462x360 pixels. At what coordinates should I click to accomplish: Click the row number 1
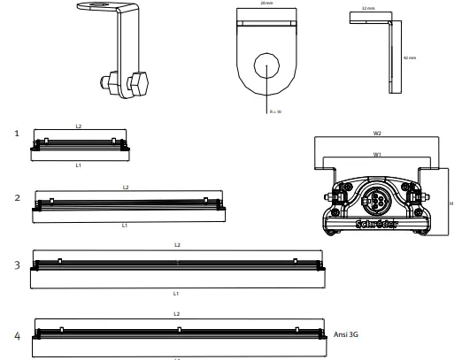[17, 134]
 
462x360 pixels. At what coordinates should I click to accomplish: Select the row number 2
[17, 198]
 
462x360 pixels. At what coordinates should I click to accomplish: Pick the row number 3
[17, 264]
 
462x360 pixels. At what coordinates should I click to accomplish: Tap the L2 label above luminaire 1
[79, 126]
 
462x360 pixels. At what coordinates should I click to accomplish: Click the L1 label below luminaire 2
[125, 226]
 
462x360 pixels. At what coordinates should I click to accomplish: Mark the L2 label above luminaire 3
[177, 244]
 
